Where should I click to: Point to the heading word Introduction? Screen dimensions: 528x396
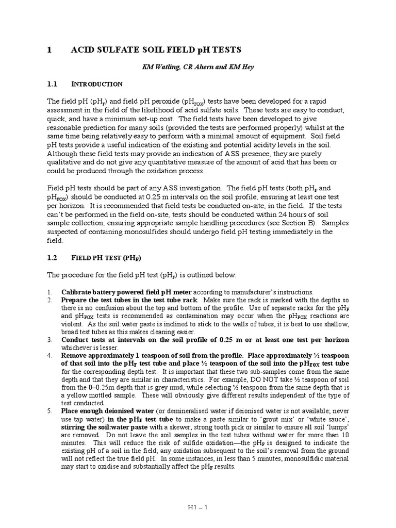click(96, 84)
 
